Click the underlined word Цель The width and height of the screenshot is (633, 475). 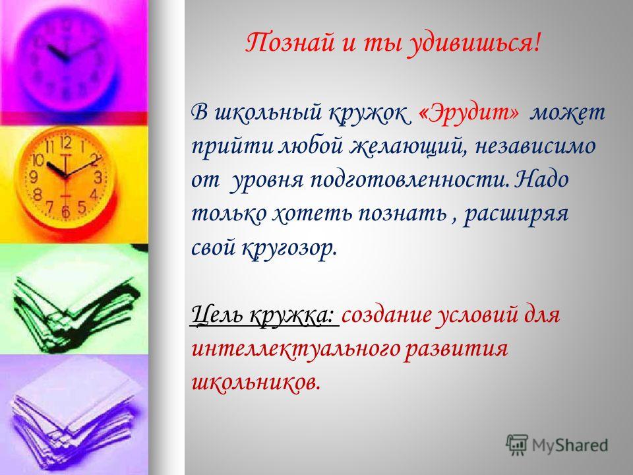click(217, 314)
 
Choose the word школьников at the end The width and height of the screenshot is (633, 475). click(256, 383)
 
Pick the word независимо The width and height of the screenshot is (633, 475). click(535, 146)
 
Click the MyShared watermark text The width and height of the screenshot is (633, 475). click(570, 445)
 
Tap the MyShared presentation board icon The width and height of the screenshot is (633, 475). click(517, 445)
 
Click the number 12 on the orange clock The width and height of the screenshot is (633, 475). click(66, 142)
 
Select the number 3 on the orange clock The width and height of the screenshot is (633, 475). click(98, 177)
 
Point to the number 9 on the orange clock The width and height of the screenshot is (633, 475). click(34, 177)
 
